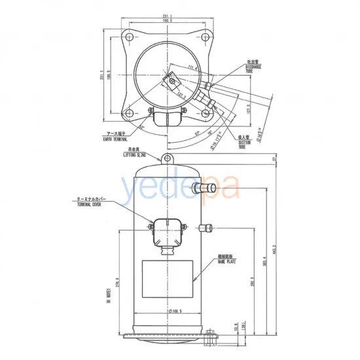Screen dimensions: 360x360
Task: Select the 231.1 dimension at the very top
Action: point(170,16)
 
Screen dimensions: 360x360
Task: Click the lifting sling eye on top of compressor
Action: point(169,160)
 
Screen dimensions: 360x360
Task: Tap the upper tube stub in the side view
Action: point(204,188)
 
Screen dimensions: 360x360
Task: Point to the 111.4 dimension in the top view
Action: point(192,66)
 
